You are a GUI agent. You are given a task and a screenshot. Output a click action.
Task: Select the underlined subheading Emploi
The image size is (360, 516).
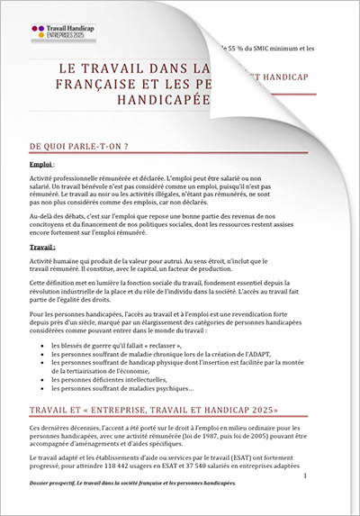(40, 166)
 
